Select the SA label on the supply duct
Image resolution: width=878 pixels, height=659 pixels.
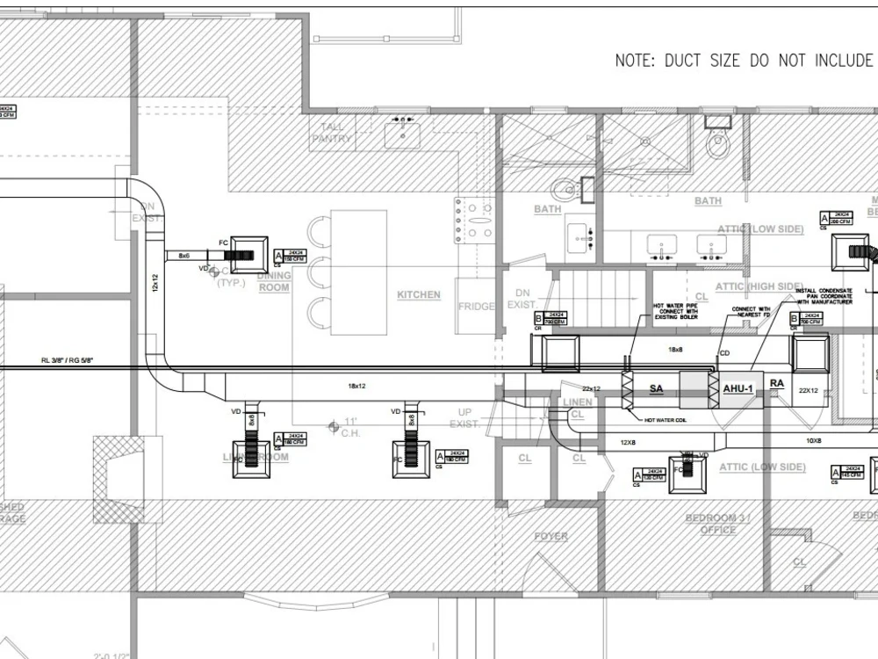pos(656,387)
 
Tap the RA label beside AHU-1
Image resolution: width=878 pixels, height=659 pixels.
pos(777,383)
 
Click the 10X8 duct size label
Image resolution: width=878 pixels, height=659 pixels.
pos(814,440)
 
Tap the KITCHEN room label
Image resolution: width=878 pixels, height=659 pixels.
pos(418,294)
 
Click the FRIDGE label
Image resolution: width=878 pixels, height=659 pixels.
pos(476,307)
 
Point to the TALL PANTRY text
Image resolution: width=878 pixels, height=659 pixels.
pos(331,132)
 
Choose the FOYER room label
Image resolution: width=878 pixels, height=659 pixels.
pos(551,536)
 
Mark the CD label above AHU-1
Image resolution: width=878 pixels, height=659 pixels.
pos(725,354)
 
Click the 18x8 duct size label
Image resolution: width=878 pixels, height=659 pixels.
pos(675,349)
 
